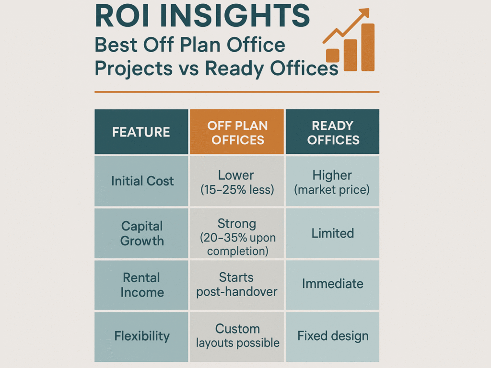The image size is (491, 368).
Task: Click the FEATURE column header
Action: click(141, 132)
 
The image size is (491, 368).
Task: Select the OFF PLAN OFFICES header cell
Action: click(237, 132)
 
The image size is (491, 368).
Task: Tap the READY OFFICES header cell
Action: click(333, 132)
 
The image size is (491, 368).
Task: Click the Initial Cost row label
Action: click(141, 181)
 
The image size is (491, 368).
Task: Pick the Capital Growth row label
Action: click(141, 233)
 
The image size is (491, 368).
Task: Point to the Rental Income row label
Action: click(141, 285)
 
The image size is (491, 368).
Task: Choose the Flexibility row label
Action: click(141, 337)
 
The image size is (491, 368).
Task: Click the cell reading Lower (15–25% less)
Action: click(237, 181)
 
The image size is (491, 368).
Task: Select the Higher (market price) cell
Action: click(333, 181)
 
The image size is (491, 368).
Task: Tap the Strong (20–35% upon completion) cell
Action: click(237, 233)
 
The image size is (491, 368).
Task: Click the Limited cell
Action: click(333, 233)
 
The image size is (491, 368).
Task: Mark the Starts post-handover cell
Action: click(237, 285)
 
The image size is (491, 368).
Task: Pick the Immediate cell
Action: click(333, 285)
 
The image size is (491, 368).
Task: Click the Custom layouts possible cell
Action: click(237, 337)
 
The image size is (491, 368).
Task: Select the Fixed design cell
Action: click(333, 337)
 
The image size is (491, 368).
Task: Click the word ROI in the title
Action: click(122, 16)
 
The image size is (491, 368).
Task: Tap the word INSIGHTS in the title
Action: click(235, 16)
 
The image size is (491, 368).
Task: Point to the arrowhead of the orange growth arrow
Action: click(364, 13)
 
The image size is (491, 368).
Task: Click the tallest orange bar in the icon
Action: click(368, 47)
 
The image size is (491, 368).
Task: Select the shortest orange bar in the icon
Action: click(333, 56)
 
